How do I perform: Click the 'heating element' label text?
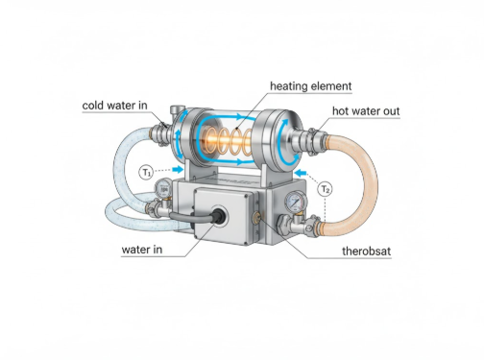click(310, 86)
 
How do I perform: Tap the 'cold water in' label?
click(116, 104)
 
